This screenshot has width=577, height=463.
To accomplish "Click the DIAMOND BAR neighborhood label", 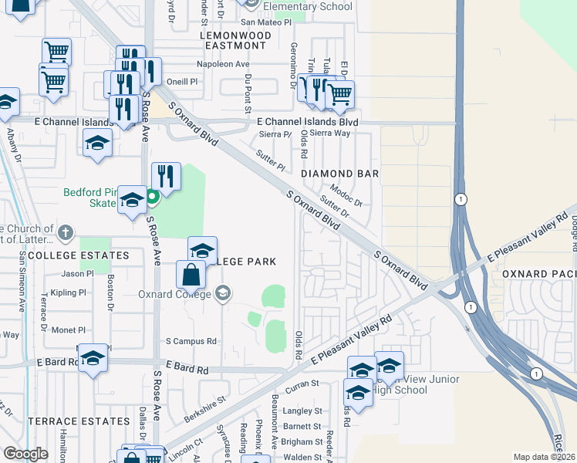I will point(339,174).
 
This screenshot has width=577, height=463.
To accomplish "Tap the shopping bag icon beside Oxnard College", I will point(191,275).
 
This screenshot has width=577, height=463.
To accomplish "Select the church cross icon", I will point(66,231).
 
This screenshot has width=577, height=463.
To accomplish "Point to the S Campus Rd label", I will point(191,340).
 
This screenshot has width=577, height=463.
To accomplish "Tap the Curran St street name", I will point(304,383).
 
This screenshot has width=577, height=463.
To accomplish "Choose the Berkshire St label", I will point(204,409).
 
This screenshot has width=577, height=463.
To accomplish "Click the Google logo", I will point(26,454).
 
